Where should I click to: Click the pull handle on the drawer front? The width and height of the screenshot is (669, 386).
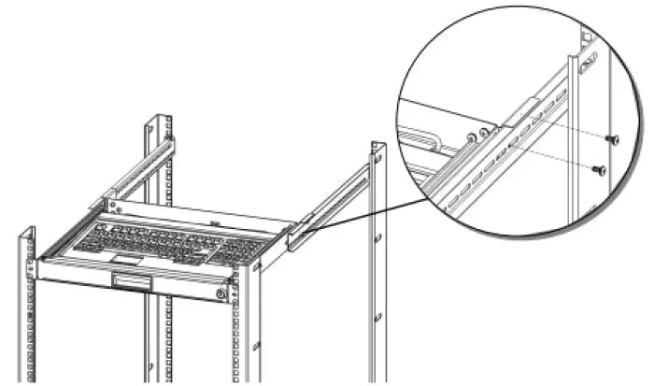tap(130, 281)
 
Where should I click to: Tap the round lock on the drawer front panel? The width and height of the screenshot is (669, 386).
tap(221, 293)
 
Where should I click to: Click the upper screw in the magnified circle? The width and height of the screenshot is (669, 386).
tap(612, 139)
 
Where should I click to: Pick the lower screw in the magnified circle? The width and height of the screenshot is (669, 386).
tap(599, 170)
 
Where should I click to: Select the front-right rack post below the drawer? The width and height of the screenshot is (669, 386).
tap(245, 336)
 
